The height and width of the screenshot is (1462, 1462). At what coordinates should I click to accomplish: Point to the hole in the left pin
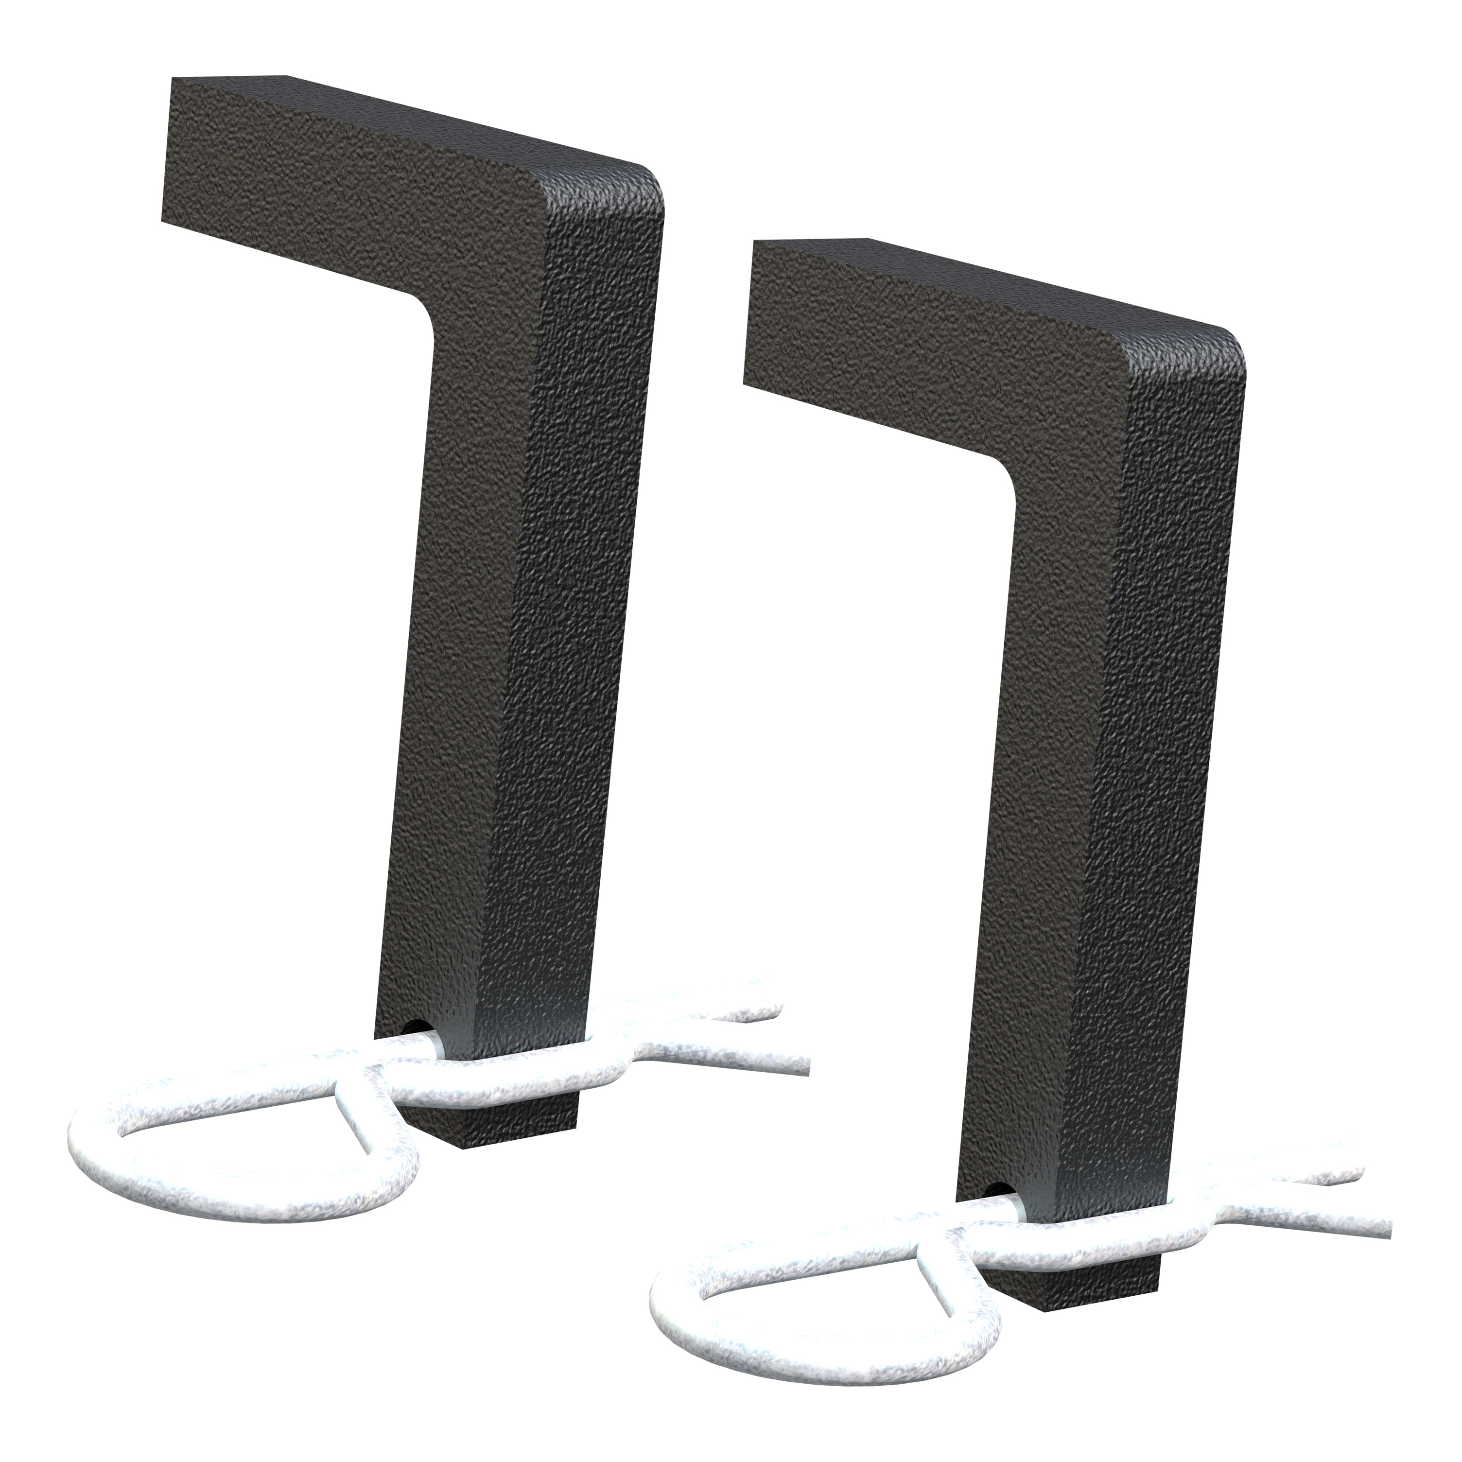(415, 1026)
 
